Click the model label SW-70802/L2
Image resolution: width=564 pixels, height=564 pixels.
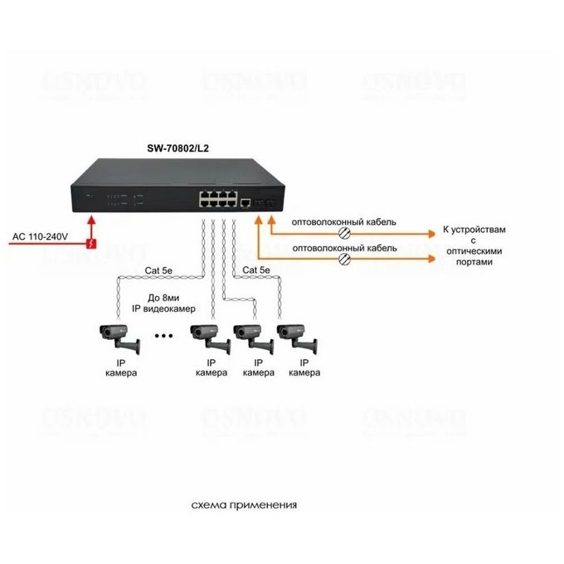[x=177, y=148]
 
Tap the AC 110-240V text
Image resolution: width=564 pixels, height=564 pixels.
[x=40, y=236]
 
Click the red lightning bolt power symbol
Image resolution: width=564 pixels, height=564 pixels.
[x=92, y=244]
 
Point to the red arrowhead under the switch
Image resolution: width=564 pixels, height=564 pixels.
[x=92, y=220]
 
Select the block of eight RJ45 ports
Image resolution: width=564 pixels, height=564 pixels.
[x=218, y=199]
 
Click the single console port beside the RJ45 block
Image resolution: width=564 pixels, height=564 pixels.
[x=246, y=202]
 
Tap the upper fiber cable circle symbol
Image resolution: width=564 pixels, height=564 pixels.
[x=344, y=233]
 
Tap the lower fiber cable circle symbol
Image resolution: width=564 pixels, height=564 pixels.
[x=344, y=259]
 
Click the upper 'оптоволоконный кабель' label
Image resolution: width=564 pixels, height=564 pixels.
[x=344, y=222]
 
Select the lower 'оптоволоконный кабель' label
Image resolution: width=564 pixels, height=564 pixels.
[x=344, y=248]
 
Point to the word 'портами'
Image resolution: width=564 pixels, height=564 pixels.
[x=474, y=262]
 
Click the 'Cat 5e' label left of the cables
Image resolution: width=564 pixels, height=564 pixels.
[x=158, y=270]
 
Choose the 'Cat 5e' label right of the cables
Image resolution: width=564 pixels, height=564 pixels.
[x=256, y=270]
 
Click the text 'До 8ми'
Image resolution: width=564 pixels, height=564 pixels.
[x=163, y=298]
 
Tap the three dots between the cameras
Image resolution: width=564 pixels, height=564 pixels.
[x=163, y=336]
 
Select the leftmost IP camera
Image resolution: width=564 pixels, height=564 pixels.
[x=119, y=338]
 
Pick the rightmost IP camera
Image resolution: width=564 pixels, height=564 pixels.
[x=297, y=338]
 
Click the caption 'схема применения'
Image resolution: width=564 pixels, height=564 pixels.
[x=244, y=505]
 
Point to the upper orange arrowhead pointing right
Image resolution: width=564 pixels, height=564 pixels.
[x=431, y=234]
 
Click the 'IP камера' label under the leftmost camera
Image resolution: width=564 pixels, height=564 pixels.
[x=121, y=367]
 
